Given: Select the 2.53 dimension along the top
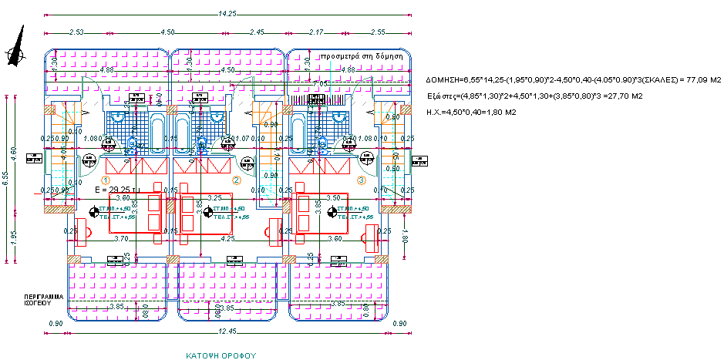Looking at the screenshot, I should point(76,32).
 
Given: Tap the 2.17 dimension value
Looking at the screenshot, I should point(315,32).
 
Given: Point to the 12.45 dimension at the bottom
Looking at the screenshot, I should point(227,331).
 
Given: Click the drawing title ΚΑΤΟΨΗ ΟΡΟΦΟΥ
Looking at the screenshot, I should point(220,356).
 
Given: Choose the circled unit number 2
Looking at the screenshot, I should point(237,180).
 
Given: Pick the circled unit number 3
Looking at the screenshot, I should point(361,180).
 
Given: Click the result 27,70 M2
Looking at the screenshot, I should point(625,96).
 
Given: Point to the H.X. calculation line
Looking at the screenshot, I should point(470,112).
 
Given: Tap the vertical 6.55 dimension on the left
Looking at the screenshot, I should point(5,178).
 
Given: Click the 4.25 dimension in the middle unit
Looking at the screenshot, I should point(227,239).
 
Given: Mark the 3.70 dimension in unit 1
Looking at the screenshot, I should point(120,239).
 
